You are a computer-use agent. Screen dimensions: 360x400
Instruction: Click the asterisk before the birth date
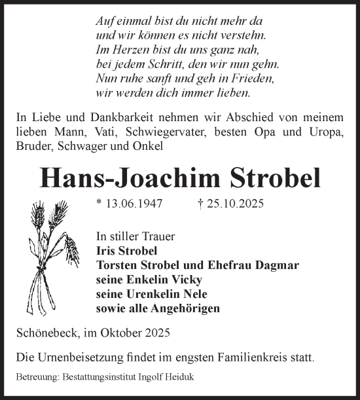(x=98, y=204)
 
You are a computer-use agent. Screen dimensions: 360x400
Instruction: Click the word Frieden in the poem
(x=254, y=79)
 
